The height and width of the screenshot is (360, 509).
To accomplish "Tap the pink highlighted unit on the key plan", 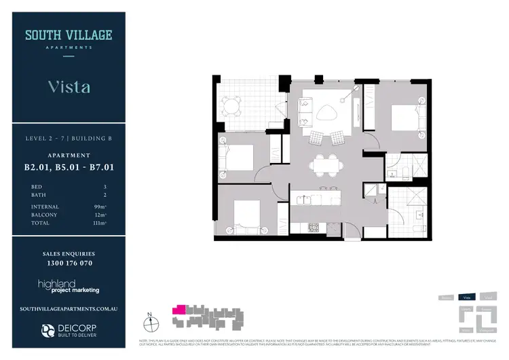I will (179, 309).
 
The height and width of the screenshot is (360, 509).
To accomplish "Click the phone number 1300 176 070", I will (68, 263).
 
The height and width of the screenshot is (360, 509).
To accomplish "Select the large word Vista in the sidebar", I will (69, 87).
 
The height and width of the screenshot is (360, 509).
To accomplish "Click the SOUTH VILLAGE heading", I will (69, 35).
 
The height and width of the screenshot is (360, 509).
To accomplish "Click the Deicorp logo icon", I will (48, 331).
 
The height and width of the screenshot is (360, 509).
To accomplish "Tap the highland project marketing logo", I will (69, 286).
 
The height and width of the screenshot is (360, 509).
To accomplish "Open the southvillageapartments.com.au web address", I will (69, 308).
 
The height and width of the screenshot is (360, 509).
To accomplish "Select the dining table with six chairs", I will (323, 164).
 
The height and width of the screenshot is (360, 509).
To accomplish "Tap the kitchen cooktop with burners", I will (314, 226).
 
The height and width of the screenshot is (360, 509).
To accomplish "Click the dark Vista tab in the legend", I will (466, 298).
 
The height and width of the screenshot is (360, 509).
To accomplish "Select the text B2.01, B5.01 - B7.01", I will (68, 166).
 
